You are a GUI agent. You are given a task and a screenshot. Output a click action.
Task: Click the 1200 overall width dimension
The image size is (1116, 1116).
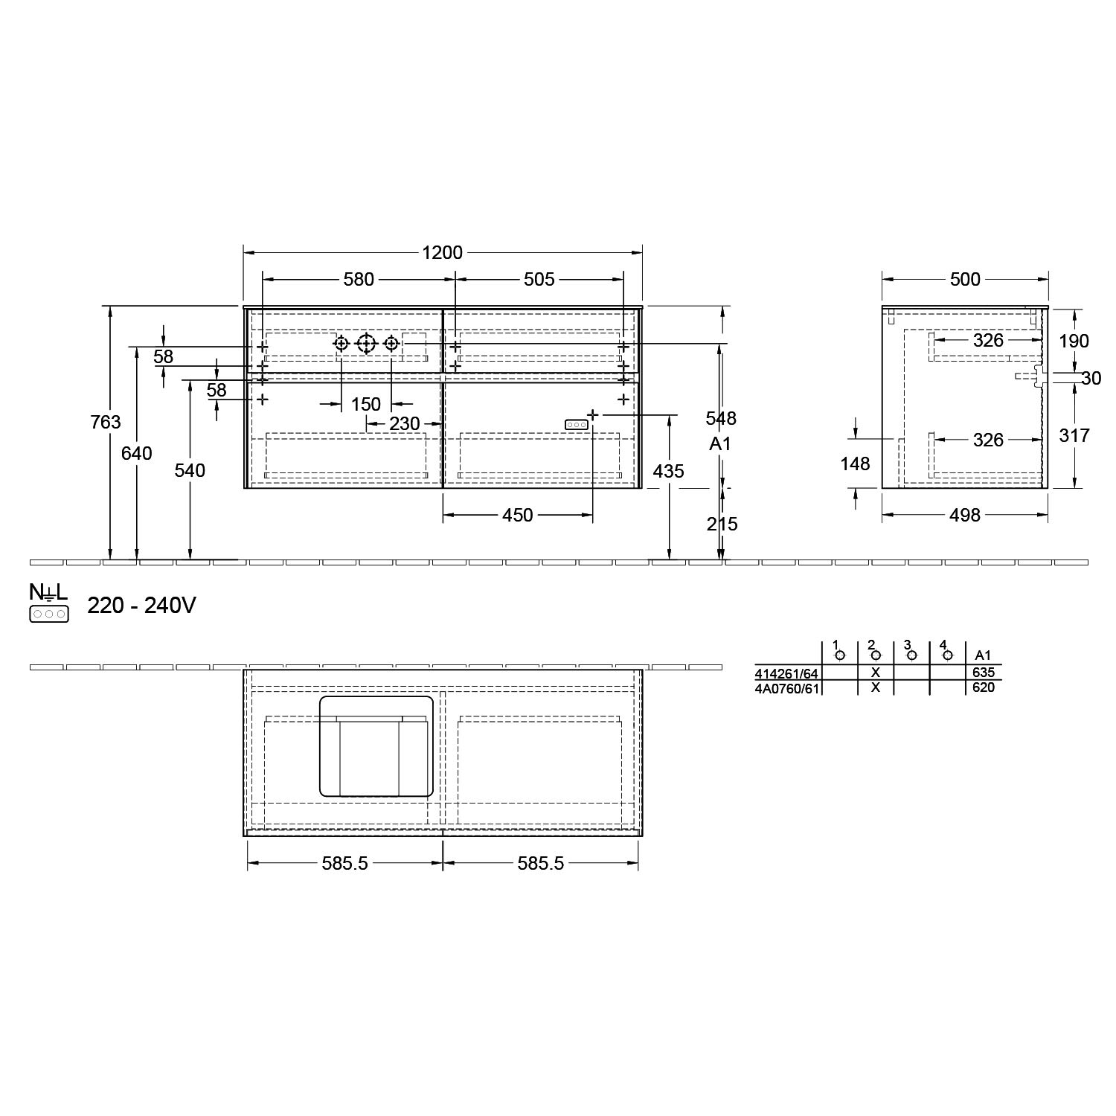point(443,252)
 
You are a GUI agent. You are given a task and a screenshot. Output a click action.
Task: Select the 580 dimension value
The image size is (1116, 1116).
point(359,279)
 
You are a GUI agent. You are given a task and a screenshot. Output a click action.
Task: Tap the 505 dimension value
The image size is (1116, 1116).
point(539,279)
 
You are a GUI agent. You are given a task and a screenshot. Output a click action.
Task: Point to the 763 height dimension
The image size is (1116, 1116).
point(106,422)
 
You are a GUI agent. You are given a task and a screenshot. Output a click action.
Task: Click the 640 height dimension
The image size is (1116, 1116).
point(137,452)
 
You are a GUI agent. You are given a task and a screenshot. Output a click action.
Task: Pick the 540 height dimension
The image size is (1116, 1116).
point(190,470)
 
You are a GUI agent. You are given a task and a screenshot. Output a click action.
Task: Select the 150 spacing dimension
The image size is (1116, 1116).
point(366,404)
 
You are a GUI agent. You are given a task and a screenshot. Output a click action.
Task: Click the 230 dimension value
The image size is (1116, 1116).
point(405,423)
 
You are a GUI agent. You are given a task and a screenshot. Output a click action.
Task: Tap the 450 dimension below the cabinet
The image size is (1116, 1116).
point(518,515)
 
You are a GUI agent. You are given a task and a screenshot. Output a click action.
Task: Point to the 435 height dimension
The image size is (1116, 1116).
point(668,470)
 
